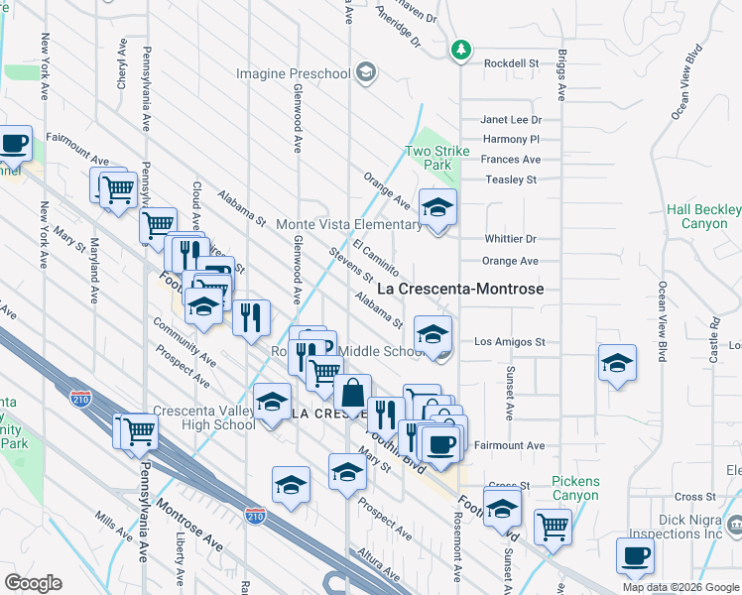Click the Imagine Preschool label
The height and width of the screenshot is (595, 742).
coord(294,73)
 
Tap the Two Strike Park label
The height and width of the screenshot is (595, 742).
coord(437,159)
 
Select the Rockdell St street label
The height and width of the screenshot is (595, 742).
coord(511,62)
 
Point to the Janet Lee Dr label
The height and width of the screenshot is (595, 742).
coord(511,119)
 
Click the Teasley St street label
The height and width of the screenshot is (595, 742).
coord(511,179)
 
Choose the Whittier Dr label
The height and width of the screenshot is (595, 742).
coord(511,239)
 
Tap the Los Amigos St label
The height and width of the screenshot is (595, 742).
coord(510,341)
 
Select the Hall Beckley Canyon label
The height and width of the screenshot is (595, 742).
coord(703,216)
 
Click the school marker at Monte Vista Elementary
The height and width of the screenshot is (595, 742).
coord(437,207)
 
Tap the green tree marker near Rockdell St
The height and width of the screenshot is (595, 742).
coord(460,49)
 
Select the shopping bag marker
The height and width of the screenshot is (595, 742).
coord(352,393)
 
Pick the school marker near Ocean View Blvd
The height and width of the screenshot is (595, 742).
coord(617,363)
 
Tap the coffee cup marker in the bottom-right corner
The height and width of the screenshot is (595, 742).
coord(635,556)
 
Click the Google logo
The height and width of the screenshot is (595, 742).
coord(33,583)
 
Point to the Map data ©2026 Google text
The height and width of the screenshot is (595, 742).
coord(680,587)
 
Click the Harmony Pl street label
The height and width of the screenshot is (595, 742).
coord(512,140)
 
